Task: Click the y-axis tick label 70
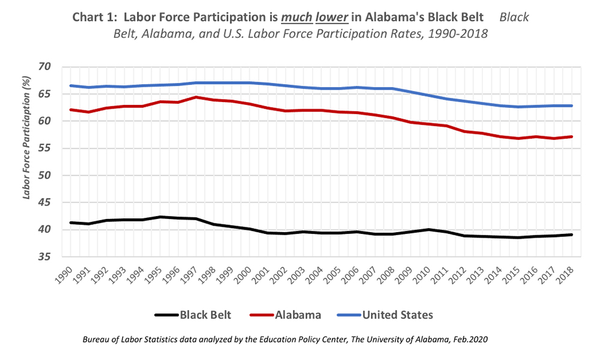click(45, 67)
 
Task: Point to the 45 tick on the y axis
click(45, 203)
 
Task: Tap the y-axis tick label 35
click(45, 257)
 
